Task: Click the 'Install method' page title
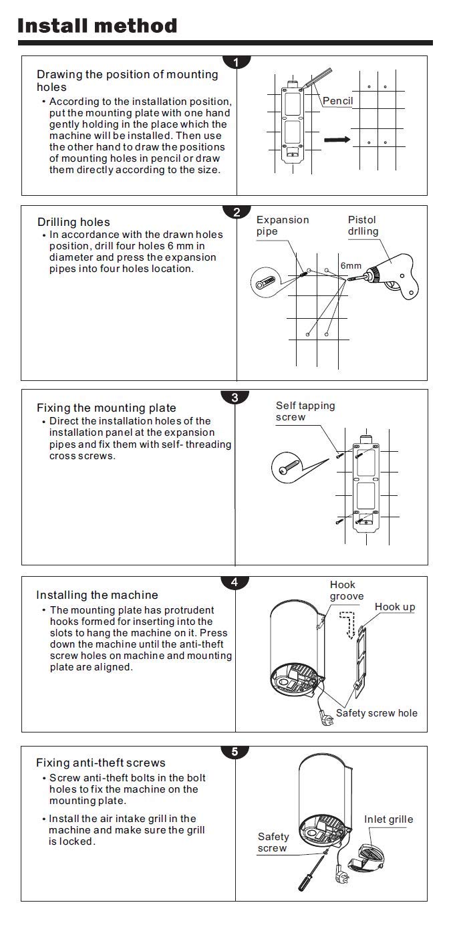[x=98, y=26]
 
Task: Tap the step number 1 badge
[x=236, y=63]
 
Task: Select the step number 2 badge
[x=236, y=213]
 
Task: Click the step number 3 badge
[x=235, y=398]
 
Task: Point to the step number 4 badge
[x=235, y=582]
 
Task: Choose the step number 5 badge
[x=235, y=752]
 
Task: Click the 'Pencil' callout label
[x=337, y=102]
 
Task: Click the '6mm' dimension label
[x=351, y=265]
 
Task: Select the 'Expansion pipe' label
[x=282, y=225]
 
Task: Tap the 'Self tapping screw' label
[x=305, y=411]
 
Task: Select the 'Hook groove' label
[x=347, y=591]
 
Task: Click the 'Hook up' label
[x=394, y=607]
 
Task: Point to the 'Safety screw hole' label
[x=376, y=713]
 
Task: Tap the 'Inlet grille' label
[x=388, y=819]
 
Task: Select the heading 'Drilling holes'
[x=73, y=222]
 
